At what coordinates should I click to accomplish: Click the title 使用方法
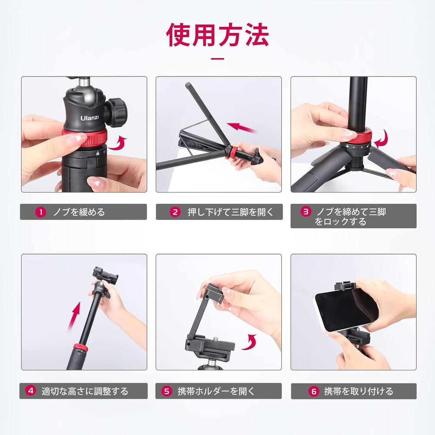click(217, 36)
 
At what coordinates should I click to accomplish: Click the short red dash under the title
click(217, 59)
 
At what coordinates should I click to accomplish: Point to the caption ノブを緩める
click(79, 212)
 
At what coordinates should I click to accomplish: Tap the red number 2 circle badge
click(175, 212)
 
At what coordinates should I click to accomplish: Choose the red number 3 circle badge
click(305, 212)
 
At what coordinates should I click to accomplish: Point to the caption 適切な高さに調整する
click(85, 391)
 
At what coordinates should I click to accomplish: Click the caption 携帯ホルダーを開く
click(216, 391)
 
